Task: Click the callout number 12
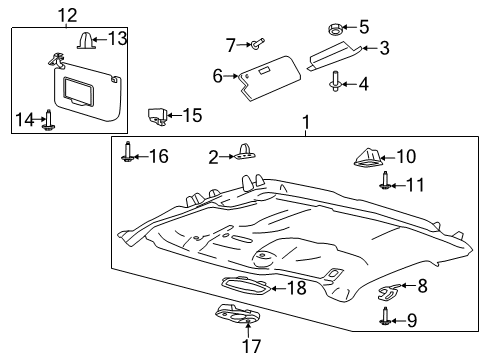click(x=67, y=14)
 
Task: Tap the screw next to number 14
click(x=47, y=120)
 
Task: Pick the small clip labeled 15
click(x=158, y=116)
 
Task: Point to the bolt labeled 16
click(x=127, y=154)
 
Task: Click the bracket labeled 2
click(x=242, y=154)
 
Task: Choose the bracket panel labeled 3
click(x=338, y=54)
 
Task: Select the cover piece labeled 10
click(x=368, y=156)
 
